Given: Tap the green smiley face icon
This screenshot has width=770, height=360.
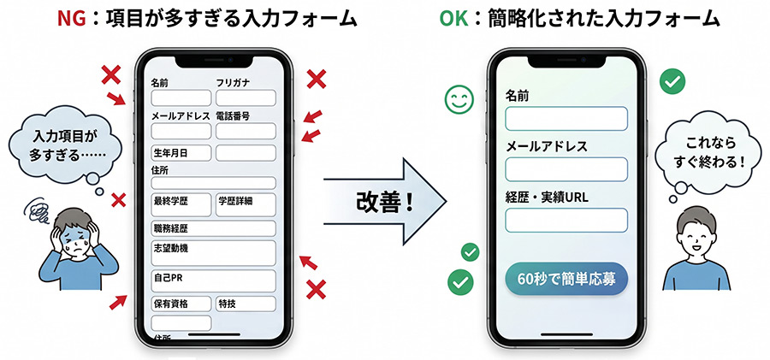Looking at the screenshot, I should (x=459, y=100).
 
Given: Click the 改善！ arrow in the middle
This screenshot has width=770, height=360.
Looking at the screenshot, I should (x=385, y=204).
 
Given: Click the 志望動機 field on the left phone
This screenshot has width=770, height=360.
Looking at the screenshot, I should (x=213, y=252).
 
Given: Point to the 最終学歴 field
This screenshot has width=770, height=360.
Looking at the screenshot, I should (x=180, y=204).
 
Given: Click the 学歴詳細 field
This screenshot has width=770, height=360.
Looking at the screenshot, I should (x=246, y=204).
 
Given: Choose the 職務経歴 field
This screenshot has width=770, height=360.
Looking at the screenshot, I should (x=213, y=228).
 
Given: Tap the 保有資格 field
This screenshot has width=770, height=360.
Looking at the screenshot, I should (x=181, y=304).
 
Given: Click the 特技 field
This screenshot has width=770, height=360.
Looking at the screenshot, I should (x=245, y=304).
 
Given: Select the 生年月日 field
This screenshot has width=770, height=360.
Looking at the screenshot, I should (x=181, y=153).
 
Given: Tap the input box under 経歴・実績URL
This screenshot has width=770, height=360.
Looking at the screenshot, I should (x=566, y=221).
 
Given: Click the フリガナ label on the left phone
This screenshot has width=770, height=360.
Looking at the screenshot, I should (x=234, y=83).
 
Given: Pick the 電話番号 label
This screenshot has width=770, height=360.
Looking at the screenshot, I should (x=233, y=115).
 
